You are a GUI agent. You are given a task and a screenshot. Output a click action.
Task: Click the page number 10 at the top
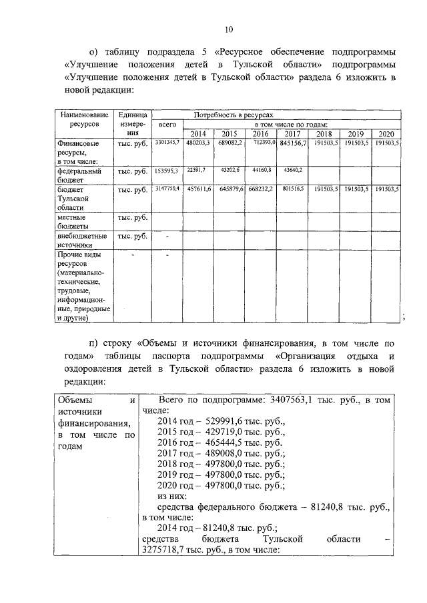click(x=229, y=29)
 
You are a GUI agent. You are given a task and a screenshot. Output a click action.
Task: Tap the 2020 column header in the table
click(x=387, y=133)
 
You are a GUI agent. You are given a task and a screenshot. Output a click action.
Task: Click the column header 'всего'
click(x=167, y=125)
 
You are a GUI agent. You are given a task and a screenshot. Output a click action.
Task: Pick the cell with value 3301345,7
click(x=167, y=143)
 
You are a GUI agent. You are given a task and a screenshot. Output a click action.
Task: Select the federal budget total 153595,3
click(x=167, y=171)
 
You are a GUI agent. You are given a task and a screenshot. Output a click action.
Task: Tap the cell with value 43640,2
click(x=292, y=171)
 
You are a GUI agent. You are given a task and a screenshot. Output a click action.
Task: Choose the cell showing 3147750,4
click(x=167, y=189)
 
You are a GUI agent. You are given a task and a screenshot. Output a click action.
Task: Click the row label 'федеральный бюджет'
click(x=79, y=175)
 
